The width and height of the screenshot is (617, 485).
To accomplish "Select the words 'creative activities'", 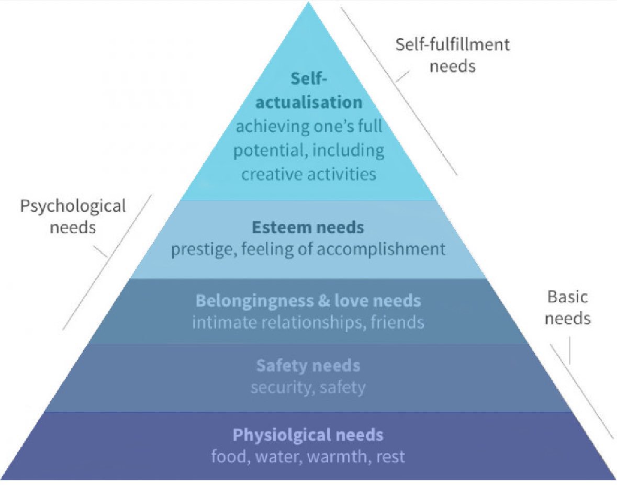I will [309, 174].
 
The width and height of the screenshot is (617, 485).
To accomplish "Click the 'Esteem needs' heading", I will [308, 228].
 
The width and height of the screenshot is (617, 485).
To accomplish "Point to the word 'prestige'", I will [202, 249].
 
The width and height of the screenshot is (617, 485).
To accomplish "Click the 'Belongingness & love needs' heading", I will [308, 301].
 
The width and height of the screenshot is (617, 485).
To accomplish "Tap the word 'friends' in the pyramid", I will [397, 322].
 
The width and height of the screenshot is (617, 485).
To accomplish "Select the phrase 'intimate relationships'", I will [276, 322].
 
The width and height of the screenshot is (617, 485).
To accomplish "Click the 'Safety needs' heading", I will [308, 365].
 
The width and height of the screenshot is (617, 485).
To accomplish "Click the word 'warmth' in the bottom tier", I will [336, 456].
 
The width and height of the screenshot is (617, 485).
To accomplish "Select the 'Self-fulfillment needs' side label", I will [452, 55].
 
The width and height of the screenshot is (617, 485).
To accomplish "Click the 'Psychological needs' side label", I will [73, 217].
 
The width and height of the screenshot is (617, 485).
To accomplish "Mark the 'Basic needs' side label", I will [568, 308].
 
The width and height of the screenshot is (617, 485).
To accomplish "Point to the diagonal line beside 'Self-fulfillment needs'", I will [398, 89].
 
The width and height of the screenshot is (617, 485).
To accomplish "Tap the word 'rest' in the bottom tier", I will [390, 456].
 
